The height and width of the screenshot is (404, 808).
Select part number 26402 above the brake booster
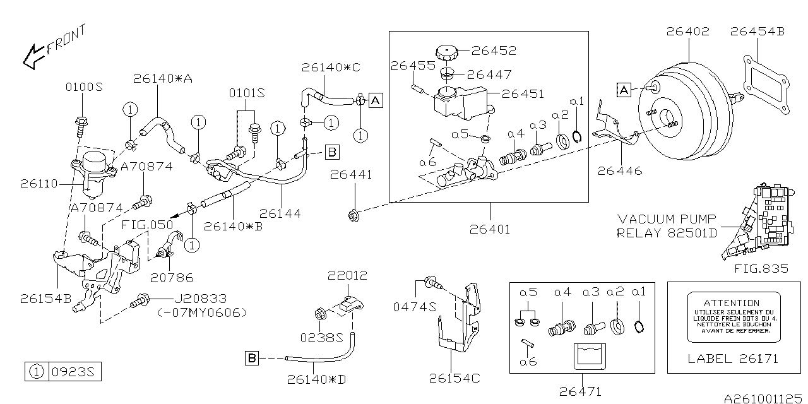(687, 31)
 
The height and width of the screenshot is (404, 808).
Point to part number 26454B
(757, 31)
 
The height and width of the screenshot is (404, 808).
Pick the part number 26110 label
(39, 184)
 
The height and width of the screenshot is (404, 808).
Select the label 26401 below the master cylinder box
(490, 229)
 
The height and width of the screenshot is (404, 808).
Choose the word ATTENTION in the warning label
(732, 303)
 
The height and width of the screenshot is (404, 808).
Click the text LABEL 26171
(732, 359)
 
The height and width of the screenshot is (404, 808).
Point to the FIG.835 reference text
(761, 268)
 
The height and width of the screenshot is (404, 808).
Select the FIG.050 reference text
(143, 224)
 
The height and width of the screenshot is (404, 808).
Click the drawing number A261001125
(764, 398)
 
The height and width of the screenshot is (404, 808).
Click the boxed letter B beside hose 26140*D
(251, 359)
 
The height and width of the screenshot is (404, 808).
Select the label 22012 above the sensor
(347, 276)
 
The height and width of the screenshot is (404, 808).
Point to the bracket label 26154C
(454, 378)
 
